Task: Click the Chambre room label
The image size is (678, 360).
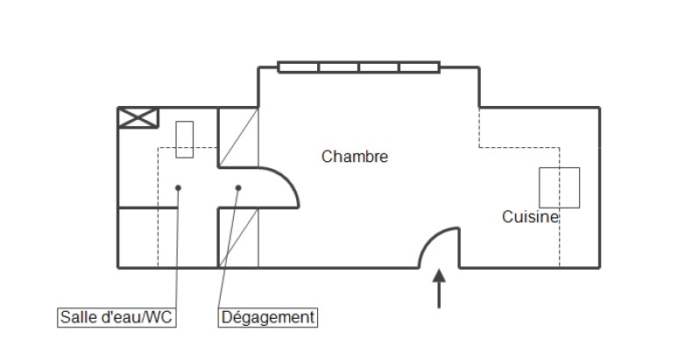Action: (x=355, y=157)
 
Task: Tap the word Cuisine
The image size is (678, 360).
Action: (x=530, y=217)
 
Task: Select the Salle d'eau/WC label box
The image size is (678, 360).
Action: (x=117, y=317)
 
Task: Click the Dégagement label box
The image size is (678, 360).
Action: (x=268, y=317)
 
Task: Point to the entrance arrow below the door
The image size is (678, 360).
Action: (x=439, y=288)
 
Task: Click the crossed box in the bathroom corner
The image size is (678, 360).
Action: (x=138, y=118)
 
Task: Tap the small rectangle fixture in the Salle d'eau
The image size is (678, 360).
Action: (x=184, y=139)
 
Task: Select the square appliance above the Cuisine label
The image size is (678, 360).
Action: (x=559, y=187)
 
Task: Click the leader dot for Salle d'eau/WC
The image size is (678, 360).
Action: (x=178, y=187)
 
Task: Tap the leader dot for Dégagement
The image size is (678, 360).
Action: (x=238, y=187)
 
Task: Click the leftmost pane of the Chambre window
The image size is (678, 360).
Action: (x=299, y=67)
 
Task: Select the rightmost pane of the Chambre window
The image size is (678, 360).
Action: (x=420, y=67)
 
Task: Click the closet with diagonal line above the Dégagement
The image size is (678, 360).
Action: (x=238, y=138)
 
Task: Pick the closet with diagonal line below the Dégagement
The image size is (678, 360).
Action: (x=238, y=237)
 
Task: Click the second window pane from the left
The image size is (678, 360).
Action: (x=339, y=67)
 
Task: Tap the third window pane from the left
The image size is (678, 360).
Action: (x=378, y=67)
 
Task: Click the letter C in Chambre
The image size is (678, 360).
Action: (x=327, y=157)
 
